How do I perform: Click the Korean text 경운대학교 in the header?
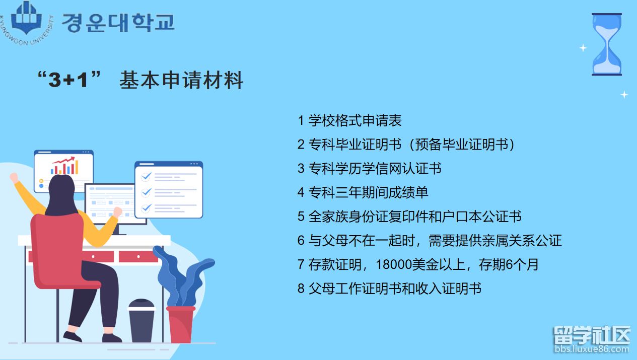click(x=118, y=22)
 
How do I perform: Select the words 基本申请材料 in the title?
click(x=181, y=81)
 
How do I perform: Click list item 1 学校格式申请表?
click(x=349, y=120)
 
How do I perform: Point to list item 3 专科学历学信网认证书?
click(x=369, y=168)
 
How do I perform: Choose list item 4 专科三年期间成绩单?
click(x=363, y=192)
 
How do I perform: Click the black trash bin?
click(x=141, y=320)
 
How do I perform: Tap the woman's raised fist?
click(x=14, y=177)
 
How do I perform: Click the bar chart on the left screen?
click(x=64, y=166)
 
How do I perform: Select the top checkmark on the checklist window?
click(x=146, y=177)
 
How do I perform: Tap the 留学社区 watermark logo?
click(x=592, y=335)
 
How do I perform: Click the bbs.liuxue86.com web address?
click(x=592, y=349)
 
